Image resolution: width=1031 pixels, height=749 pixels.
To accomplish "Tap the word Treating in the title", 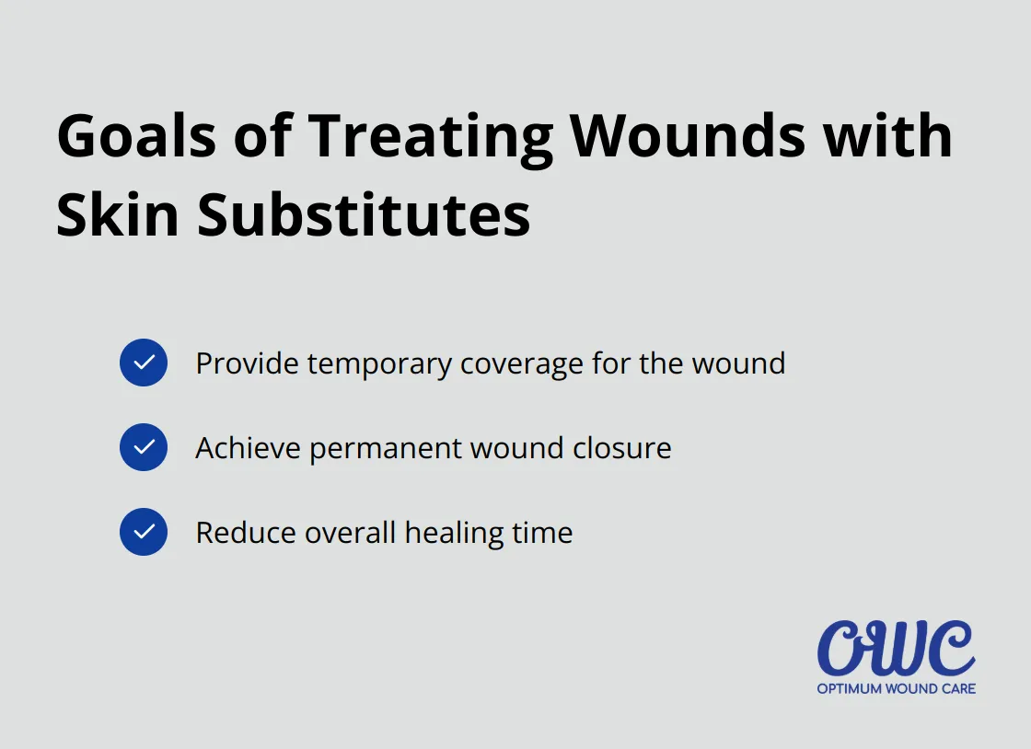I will click(x=430, y=136).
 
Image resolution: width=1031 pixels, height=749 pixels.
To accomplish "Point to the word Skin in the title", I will click(x=118, y=215).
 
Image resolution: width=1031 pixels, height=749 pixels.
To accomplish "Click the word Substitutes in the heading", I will click(x=364, y=215).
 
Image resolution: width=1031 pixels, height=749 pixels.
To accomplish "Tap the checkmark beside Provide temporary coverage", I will click(x=144, y=363).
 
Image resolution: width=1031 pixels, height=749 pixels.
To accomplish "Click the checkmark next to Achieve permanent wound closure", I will click(x=144, y=447).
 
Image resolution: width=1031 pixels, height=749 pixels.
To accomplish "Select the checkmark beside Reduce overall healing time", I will click(x=144, y=532).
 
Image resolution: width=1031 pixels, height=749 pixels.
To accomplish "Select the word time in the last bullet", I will click(x=544, y=533).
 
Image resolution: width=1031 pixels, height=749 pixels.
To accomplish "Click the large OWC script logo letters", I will click(x=896, y=649).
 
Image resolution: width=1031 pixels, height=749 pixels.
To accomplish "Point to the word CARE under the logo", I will click(x=957, y=688).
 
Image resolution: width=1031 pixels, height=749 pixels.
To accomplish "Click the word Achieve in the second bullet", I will click(x=248, y=448).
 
